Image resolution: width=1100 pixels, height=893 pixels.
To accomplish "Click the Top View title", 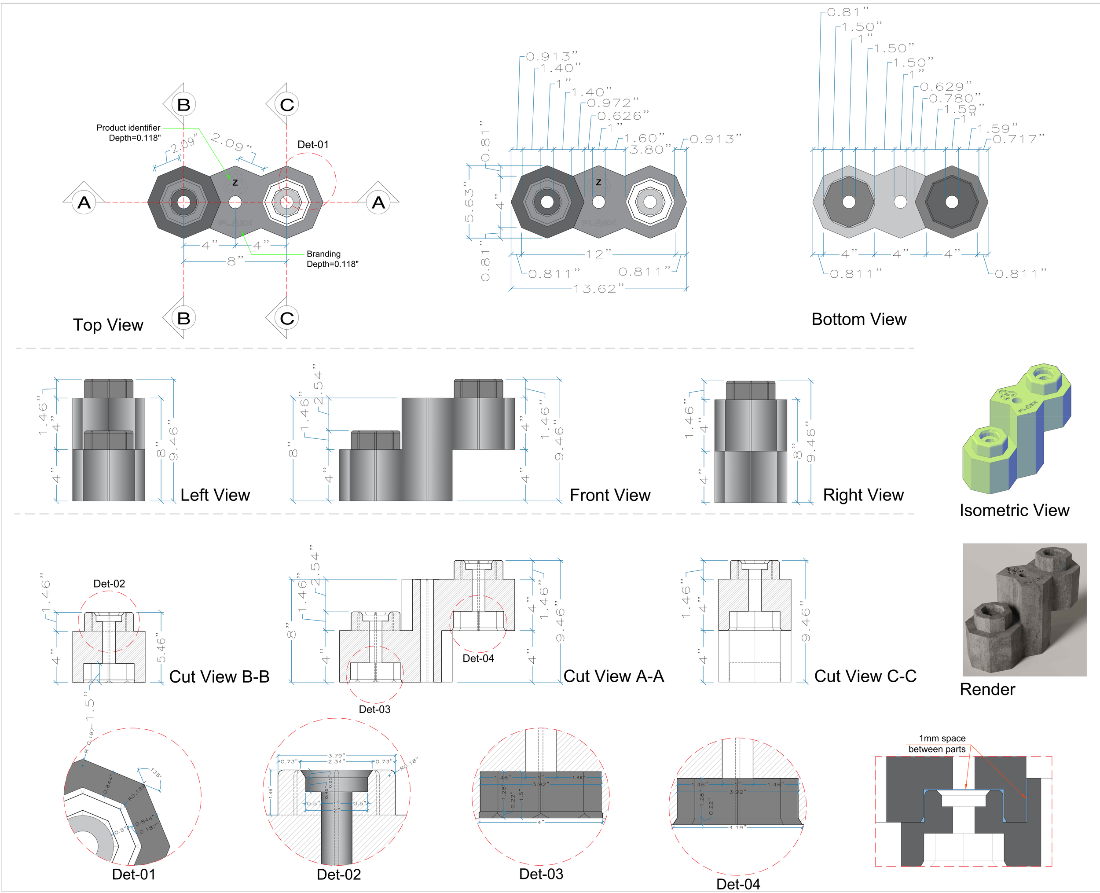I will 108,325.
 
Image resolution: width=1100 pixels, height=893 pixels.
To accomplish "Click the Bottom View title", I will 858,320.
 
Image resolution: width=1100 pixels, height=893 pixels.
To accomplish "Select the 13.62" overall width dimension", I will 598,289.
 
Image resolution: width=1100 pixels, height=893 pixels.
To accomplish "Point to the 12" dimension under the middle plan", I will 598,254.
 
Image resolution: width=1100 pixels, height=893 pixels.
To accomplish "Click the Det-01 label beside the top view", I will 313,144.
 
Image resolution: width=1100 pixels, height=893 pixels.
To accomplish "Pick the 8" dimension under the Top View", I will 235,261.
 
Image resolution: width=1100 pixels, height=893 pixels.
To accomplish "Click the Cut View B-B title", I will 219,676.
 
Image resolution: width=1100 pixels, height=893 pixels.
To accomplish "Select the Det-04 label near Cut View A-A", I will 478,658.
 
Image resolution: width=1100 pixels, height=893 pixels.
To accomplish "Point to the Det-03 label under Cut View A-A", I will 374,709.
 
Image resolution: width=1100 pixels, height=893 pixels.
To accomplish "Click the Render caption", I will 987,689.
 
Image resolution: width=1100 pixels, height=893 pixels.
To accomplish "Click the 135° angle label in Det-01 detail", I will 156,773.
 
